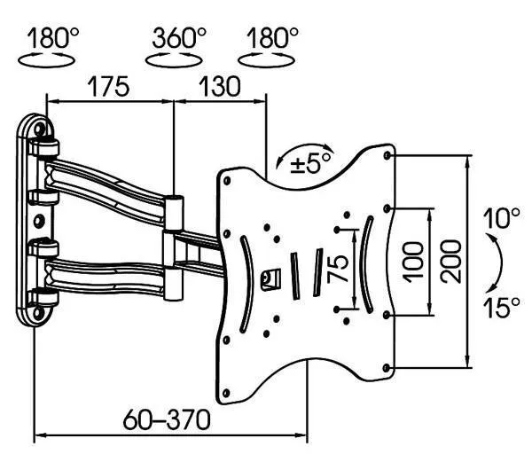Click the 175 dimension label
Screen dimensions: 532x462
pos(108,87)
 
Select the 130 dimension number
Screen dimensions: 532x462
pos(220,87)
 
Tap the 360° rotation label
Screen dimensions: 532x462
pos(179,37)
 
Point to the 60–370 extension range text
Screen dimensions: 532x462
pos(167,420)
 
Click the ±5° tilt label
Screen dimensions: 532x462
pos(310,163)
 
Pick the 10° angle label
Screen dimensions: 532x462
pos(501,218)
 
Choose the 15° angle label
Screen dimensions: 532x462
pos(502,308)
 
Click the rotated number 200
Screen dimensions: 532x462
pos(451,262)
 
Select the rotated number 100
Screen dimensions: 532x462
pos(413,262)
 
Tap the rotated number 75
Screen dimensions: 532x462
pos(338,269)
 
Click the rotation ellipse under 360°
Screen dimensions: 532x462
pos(174,60)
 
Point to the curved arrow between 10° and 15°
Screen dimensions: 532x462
pos(497,262)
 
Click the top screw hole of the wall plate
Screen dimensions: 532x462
pos(40,129)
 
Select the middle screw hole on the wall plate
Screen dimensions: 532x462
pos(39,221)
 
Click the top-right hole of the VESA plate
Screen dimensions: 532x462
pos(387,155)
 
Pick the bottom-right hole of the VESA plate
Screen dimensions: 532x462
pos(386,368)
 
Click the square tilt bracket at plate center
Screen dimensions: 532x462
pos(270,279)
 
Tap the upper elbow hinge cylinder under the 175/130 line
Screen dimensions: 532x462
pos(175,213)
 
